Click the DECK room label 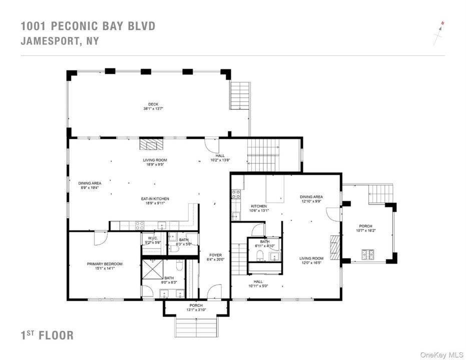pyautogui.click(x=153, y=104)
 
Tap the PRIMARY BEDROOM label pyautogui.click(x=105, y=264)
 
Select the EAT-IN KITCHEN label pyautogui.click(x=155, y=199)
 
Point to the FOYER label pyautogui.click(x=215, y=255)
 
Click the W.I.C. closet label pyautogui.click(x=153, y=238)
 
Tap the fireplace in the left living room pyautogui.click(x=152, y=144)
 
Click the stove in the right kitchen pyautogui.click(x=236, y=194)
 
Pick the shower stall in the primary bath pyautogui.click(x=153, y=269)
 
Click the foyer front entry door pyautogui.click(x=214, y=291)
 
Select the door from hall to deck pyautogui.click(x=212, y=145)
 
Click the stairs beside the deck pyautogui.click(x=240, y=95)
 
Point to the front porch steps pyautogui.click(x=196, y=327)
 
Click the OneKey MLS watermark pyautogui.click(x=441, y=354)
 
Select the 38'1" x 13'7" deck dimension pyautogui.click(x=153, y=108)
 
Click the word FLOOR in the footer pyautogui.click(x=56, y=335)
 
